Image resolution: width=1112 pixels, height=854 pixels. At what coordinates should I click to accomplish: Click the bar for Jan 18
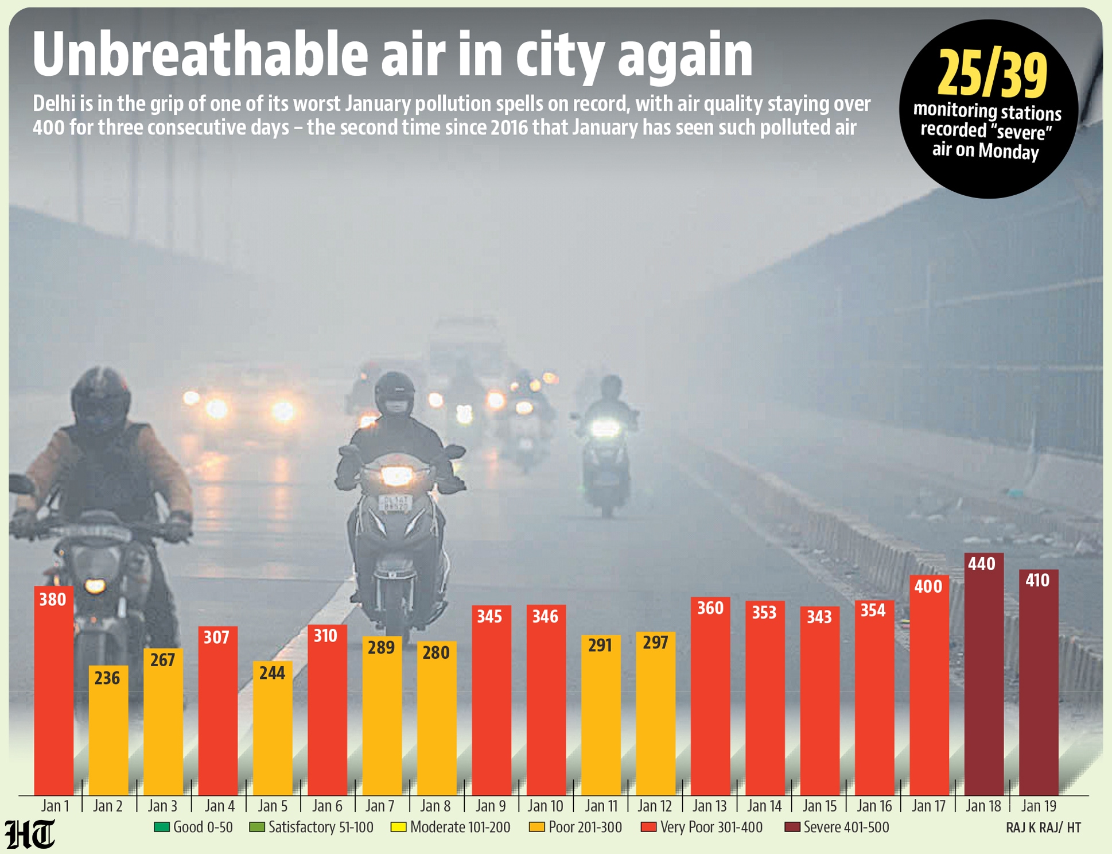[x=983, y=678]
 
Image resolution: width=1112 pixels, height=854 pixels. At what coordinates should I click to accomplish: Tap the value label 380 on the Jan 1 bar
[x=53, y=600]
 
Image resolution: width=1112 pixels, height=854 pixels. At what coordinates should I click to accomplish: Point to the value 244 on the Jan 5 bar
[x=272, y=673]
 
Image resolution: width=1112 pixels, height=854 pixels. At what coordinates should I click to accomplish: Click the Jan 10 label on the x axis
[x=545, y=806]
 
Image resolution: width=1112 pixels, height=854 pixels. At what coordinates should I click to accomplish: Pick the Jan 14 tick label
[x=764, y=806]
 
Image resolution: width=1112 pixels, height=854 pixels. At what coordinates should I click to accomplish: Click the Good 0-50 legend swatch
[x=161, y=828]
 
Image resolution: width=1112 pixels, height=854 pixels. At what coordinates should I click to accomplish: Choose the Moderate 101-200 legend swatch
[x=398, y=828]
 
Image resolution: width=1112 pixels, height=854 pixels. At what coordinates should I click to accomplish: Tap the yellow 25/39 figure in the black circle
[x=992, y=74]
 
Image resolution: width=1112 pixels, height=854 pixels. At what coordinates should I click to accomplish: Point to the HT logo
[x=30, y=834]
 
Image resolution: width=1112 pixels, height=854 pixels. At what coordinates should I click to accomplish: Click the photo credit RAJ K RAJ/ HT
[x=1043, y=828]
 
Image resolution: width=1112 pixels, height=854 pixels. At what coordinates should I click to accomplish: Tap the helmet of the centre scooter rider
[x=394, y=392]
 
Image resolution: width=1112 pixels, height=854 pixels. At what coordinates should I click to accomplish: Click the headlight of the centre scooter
[x=396, y=476]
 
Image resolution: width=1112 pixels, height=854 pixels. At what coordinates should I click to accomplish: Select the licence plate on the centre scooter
[x=395, y=504]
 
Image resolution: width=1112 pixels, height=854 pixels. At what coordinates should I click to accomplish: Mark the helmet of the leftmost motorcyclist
[x=101, y=396]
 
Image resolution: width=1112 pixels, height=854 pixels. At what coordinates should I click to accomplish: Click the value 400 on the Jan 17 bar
[x=928, y=586]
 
